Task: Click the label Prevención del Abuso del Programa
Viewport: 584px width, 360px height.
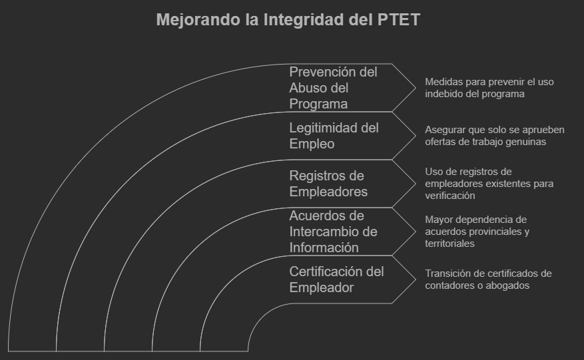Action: (333, 88)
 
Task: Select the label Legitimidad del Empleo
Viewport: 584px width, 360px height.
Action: (334, 136)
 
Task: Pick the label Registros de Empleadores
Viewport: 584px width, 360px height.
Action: (329, 184)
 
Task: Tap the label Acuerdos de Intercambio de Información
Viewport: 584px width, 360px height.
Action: (333, 232)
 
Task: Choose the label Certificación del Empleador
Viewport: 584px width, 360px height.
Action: (336, 279)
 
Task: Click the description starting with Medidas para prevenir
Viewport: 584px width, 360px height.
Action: (489, 88)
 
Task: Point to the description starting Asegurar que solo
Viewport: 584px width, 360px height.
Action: (494, 136)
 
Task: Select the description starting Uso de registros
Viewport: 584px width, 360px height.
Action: (489, 184)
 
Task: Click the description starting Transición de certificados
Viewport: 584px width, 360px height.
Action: (488, 279)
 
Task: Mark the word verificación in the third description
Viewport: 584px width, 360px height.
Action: (449, 196)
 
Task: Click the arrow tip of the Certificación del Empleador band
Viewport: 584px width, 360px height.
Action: (412, 279)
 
